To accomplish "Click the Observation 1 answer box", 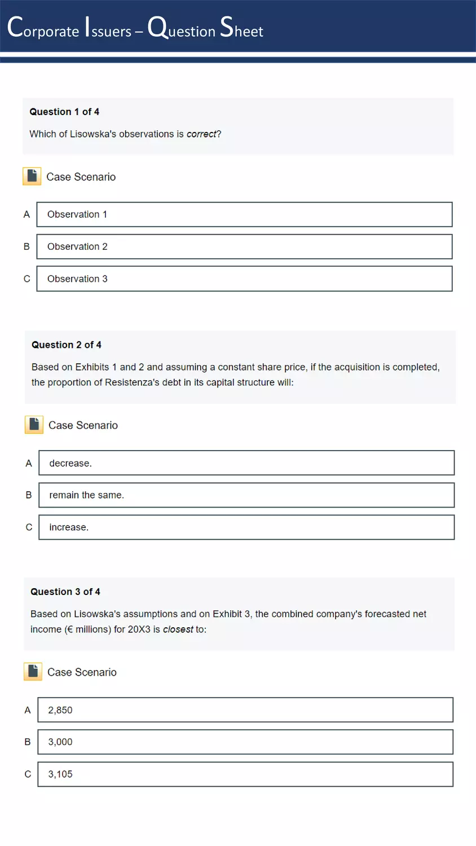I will click(244, 214).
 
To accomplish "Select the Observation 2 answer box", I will click(244, 246).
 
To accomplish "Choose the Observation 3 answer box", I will click(244, 279).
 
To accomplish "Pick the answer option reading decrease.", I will click(246, 463).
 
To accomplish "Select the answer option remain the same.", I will click(246, 495).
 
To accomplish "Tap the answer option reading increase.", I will click(246, 527).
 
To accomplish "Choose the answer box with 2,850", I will click(245, 710).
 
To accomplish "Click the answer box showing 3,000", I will click(245, 742).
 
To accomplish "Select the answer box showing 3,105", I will click(245, 774).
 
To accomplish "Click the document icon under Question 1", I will click(32, 177).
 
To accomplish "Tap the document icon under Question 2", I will click(34, 425).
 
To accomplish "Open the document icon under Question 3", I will click(33, 672).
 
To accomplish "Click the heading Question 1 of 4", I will click(64, 112).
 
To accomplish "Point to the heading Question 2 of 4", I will click(67, 345).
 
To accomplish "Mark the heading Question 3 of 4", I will click(65, 592).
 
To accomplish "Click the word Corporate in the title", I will click(43, 28).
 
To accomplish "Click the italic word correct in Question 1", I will click(201, 134).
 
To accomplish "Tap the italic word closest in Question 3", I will click(178, 629).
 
